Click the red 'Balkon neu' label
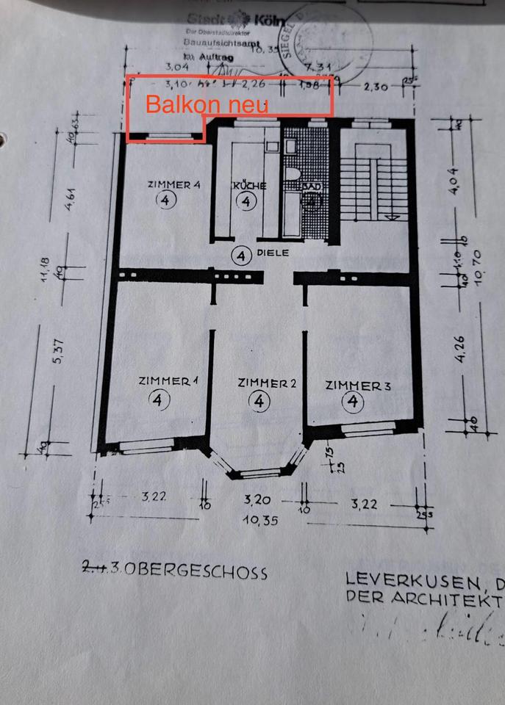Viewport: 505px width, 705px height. coord(207,104)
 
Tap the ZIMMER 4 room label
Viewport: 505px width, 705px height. coord(173,185)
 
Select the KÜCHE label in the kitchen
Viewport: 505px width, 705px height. coord(249,186)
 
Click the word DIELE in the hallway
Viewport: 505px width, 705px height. coord(273,253)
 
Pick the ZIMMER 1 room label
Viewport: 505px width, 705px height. coord(169,380)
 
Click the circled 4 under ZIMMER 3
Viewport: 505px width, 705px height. coord(354,402)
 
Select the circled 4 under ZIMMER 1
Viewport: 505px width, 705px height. coord(158,399)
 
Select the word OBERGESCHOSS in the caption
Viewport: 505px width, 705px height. coord(212,572)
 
